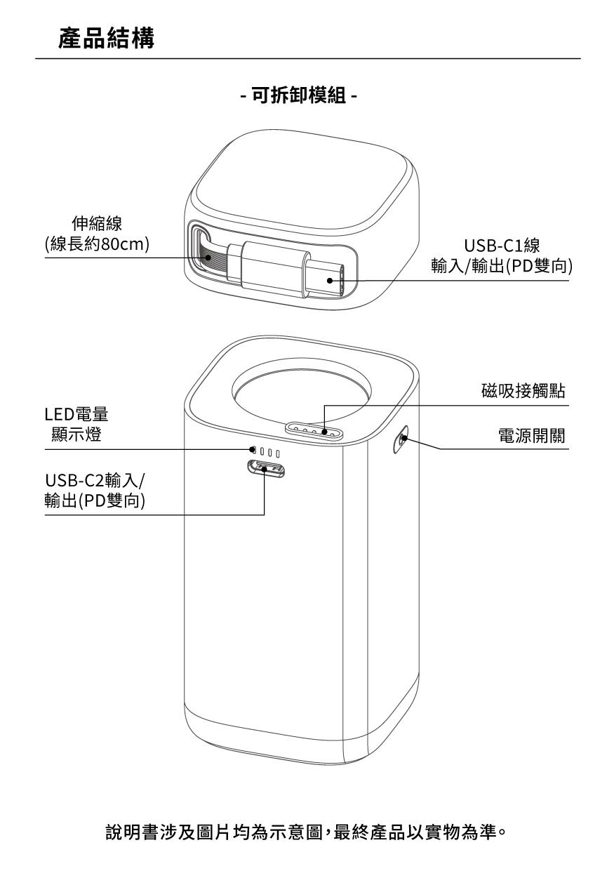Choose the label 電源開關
[532, 437]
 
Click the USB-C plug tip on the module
[331, 280]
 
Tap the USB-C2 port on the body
[265, 469]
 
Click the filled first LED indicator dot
[252, 449]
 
